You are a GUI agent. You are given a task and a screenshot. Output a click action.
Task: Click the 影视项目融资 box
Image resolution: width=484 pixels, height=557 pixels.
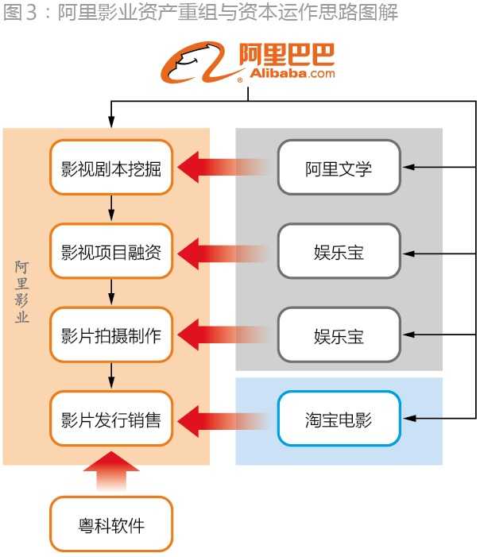click(111, 251)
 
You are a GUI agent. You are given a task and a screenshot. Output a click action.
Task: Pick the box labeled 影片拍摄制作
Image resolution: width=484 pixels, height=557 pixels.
click(111, 335)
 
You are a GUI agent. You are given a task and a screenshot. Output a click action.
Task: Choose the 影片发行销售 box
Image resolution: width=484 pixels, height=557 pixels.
click(111, 418)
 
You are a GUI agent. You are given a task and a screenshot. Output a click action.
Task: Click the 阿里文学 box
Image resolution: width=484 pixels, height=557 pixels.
click(339, 168)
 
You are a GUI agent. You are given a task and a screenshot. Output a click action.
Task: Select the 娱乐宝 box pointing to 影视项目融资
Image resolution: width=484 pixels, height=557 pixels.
click(339, 251)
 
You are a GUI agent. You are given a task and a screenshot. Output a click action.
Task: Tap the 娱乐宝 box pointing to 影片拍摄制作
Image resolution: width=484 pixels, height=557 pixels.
click(339, 335)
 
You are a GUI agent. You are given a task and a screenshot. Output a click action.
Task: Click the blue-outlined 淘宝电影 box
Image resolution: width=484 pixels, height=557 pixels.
click(339, 418)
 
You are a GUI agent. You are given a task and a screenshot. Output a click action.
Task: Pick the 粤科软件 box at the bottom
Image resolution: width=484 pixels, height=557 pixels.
click(111, 524)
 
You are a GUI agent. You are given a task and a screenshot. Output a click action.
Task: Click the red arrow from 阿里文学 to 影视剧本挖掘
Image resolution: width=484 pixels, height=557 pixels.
click(223, 168)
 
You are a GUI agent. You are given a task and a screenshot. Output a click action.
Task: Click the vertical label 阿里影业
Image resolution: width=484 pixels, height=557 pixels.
click(22, 291)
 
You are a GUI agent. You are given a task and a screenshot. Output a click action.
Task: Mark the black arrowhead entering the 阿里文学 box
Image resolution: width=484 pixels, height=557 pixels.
click(408, 168)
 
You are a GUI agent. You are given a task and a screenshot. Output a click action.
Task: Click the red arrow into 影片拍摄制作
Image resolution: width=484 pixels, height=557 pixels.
click(223, 335)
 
